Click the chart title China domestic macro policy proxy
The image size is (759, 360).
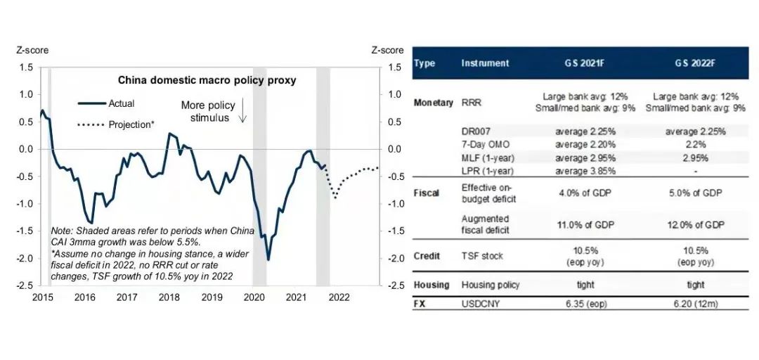click(x=207, y=80)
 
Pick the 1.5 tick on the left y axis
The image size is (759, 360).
click(x=27, y=67)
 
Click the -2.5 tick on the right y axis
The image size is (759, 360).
click(x=392, y=285)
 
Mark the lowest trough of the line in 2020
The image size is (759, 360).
click(x=268, y=259)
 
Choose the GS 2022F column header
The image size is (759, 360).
click(x=694, y=63)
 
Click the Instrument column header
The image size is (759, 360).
click(x=485, y=63)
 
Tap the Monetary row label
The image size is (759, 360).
click(x=434, y=103)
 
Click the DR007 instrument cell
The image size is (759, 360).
click(x=475, y=131)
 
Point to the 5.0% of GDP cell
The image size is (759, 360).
click(x=694, y=193)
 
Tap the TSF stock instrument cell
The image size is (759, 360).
click(x=482, y=256)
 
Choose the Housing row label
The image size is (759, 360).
click(x=432, y=285)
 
